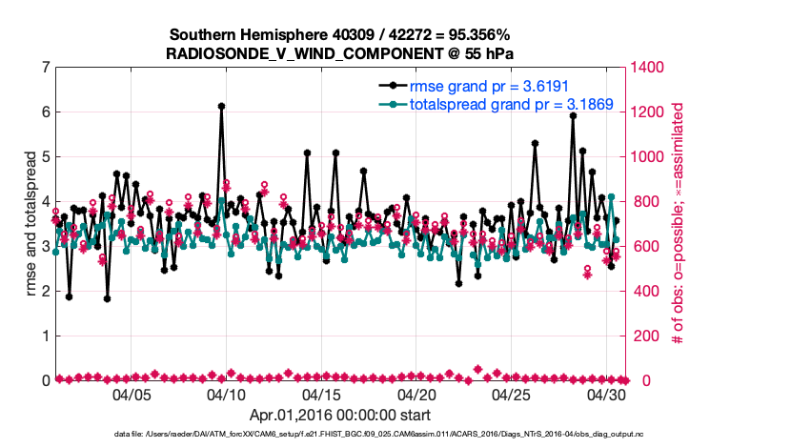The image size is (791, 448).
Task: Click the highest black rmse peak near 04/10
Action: click(x=221, y=107)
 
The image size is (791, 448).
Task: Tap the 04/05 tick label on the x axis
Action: click(x=132, y=394)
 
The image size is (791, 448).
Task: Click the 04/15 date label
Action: click(x=321, y=394)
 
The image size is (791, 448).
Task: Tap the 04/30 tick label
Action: click(x=606, y=394)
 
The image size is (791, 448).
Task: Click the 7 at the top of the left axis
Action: click(x=45, y=68)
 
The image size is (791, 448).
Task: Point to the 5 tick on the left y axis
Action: click(x=45, y=157)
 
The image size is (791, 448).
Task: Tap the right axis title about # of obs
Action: click(x=679, y=224)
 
